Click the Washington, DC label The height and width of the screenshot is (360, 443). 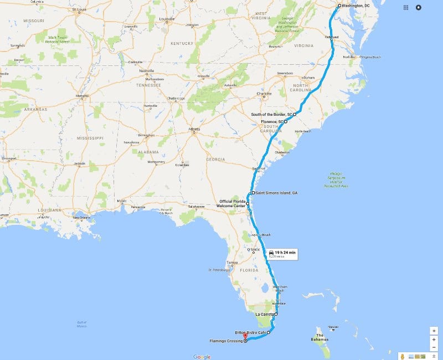(x=356, y=6)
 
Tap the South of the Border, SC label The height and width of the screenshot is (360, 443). (x=271, y=114)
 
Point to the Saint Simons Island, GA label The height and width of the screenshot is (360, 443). (x=277, y=193)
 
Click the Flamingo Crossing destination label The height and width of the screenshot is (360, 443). (x=225, y=341)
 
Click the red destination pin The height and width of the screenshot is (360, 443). (x=245, y=336)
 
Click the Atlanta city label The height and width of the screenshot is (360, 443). (x=194, y=129)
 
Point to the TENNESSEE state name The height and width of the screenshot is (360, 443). (x=150, y=85)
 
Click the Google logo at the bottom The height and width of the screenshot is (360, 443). (x=202, y=357)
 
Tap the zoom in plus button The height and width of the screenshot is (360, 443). (x=434, y=331)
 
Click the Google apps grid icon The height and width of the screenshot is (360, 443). (x=406, y=8)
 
